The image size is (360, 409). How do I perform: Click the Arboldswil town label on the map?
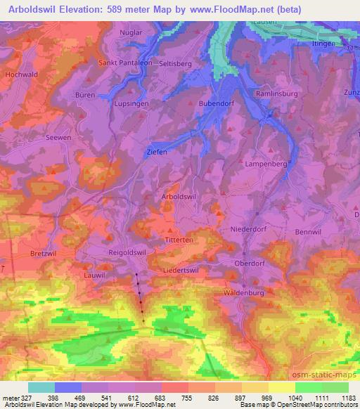pyautogui.click(x=179, y=197)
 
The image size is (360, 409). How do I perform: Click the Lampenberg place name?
pyautogui.click(x=266, y=163)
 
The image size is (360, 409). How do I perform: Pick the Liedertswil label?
pyautogui.click(x=181, y=269)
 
